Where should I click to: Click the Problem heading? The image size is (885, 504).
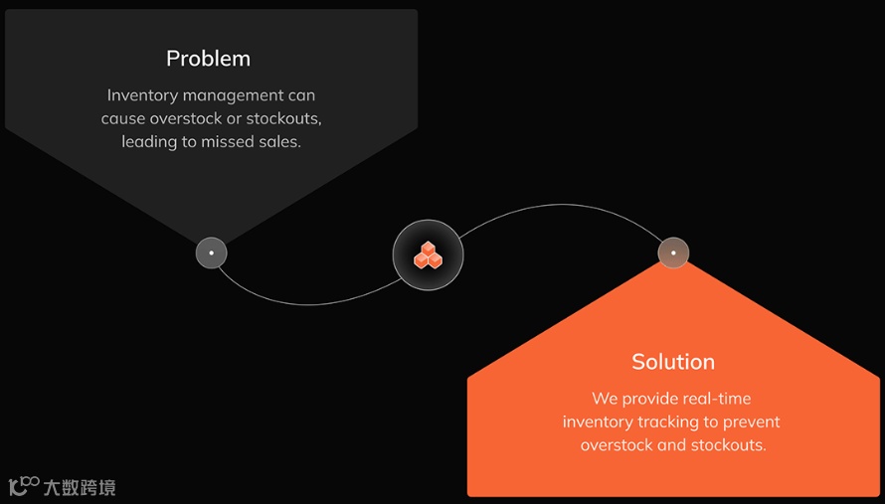[208, 59]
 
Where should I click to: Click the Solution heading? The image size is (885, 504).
[673, 362]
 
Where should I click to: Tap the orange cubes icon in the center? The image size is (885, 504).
[428, 255]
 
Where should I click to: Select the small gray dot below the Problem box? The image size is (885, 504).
[211, 252]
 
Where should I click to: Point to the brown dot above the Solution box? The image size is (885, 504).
[673, 252]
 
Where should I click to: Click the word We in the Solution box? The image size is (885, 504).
[605, 399]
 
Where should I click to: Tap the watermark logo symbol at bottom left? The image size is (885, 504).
[23, 485]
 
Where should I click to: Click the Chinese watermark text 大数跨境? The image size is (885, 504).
[80, 487]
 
